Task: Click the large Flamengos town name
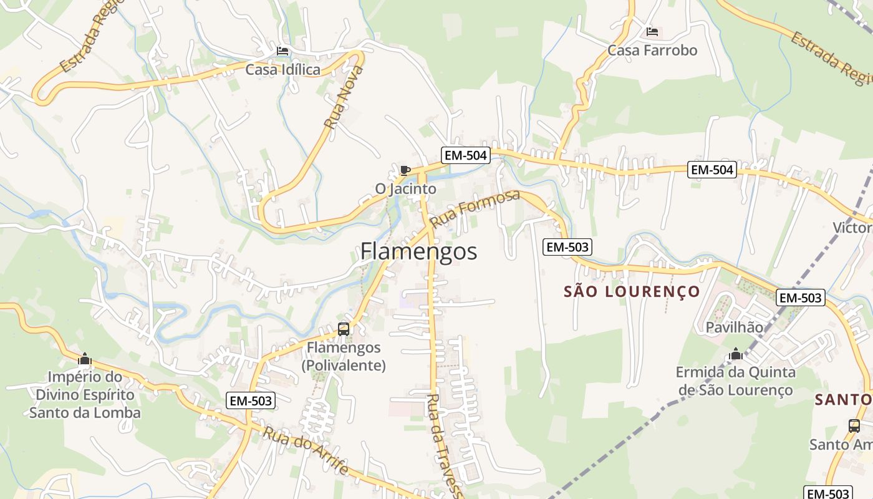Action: pos(418,251)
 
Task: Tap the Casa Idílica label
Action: pos(282,69)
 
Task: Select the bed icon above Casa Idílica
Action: pos(282,51)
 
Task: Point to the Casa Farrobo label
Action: pos(652,50)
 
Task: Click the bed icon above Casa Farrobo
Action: pos(652,31)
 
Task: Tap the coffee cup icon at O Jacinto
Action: pos(405,170)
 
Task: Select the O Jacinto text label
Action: pos(405,188)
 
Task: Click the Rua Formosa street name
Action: pos(475,209)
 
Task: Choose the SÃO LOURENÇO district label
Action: pos(632,291)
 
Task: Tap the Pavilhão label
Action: pos(734,327)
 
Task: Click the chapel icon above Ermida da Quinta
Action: pos(736,354)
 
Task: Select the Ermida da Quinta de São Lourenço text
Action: pos(736,381)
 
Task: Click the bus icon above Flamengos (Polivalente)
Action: pos(344,329)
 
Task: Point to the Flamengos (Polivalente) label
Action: pos(344,356)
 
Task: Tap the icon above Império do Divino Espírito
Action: pos(85,359)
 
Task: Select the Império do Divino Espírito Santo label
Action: pos(85,395)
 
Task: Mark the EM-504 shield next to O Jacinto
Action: pos(465,155)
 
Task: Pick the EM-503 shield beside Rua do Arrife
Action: pos(251,401)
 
